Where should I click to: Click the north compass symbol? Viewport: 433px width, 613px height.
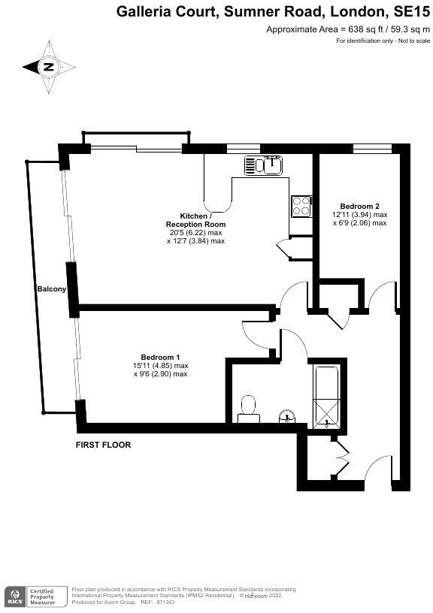point(48,67)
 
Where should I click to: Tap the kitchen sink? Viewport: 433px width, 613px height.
point(262,165)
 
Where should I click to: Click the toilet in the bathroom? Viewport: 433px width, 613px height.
point(247,408)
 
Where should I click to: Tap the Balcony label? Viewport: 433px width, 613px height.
point(51,289)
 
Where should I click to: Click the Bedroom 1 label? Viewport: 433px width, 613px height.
point(161,357)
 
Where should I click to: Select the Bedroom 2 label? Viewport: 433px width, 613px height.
point(359,206)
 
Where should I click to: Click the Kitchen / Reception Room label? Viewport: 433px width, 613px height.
point(195,220)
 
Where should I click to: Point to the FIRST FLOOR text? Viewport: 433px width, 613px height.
point(103,445)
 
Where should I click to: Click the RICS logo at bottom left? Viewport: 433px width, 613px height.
point(14,597)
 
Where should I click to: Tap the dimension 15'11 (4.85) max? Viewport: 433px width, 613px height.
point(161,365)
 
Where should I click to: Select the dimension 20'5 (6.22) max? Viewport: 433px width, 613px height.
point(195,233)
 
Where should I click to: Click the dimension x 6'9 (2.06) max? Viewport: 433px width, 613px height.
point(359,223)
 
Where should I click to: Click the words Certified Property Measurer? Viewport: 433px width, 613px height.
point(46,597)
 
